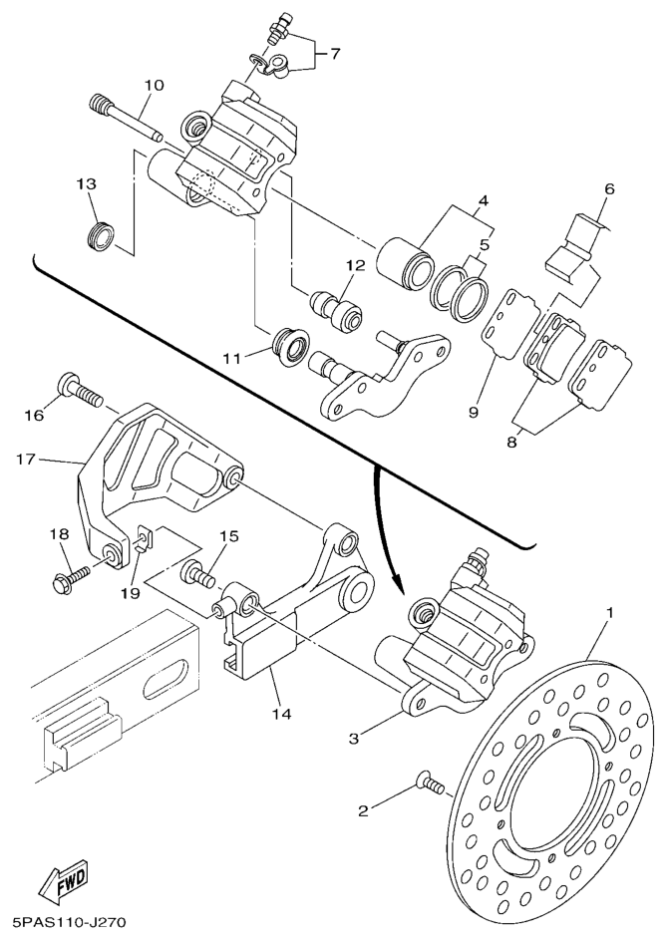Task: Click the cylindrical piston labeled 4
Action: pyautogui.click(x=407, y=259)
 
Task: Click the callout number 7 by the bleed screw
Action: pyautogui.click(x=335, y=52)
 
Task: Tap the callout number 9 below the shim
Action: pyautogui.click(x=475, y=410)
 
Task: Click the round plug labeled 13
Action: pyautogui.click(x=97, y=239)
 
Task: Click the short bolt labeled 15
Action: pyautogui.click(x=199, y=573)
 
